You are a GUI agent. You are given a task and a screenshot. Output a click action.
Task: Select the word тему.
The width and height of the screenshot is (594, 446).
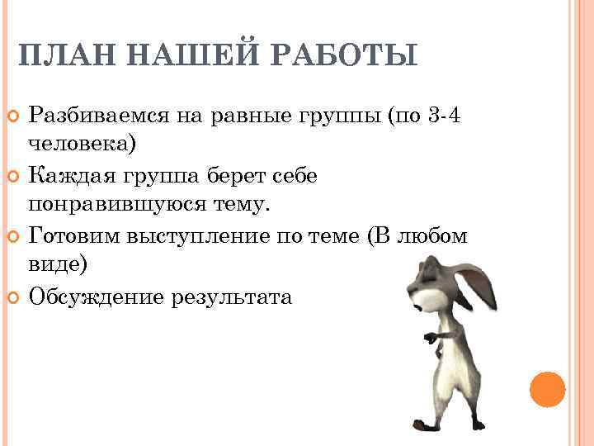248,203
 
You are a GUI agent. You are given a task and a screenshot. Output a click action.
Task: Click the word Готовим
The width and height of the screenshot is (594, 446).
74,236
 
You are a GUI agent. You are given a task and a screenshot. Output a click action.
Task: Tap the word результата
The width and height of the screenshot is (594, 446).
231,297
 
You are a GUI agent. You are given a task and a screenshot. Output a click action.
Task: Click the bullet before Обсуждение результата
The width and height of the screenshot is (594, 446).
12,297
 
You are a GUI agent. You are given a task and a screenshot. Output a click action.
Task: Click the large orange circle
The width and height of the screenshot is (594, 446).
546,390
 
